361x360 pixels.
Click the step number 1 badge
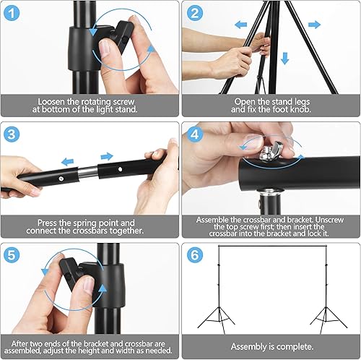(x=12, y=13)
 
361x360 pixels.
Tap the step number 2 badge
(x=195, y=13)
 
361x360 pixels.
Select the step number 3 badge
(x=12, y=134)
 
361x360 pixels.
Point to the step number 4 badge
(x=195, y=134)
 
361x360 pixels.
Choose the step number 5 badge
(x=12, y=255)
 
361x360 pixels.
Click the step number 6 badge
(x=195, y=255)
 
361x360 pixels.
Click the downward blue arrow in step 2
(x=285, y=59)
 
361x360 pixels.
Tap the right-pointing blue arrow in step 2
(x=315, y=25)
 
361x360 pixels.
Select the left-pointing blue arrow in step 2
(x=240, y=25)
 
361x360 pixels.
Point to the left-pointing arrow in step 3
(x=68, y=161)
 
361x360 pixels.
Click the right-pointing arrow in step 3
(x=107, y=157)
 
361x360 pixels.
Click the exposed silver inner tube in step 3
(x=88, y=171)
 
